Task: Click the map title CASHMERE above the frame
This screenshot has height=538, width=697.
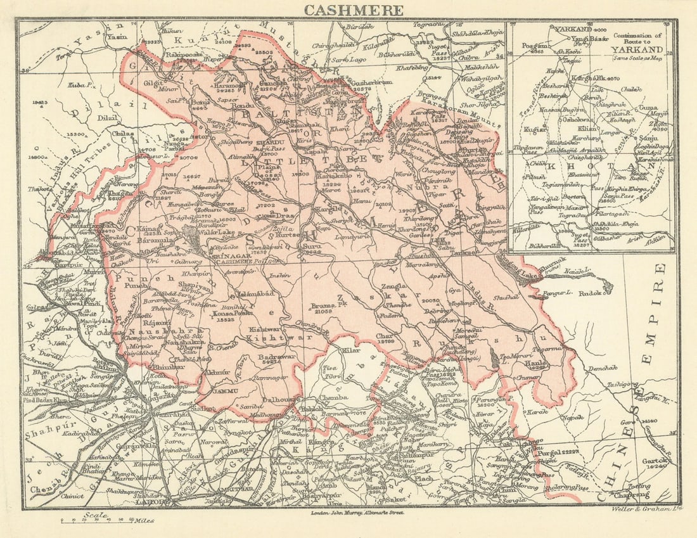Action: click(x=354, y=10)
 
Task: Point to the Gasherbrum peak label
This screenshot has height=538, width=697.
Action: click(x=369, y=83)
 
